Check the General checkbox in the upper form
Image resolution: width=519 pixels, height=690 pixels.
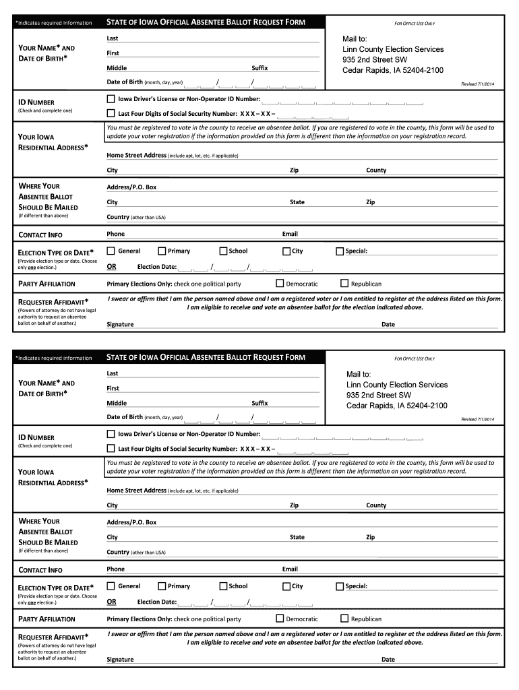tap(111, 251)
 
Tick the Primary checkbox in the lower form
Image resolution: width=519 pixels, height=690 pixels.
tap(162, 586)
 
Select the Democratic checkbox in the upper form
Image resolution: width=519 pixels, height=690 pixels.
tap(280, 284)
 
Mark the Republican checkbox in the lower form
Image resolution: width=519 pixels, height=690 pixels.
tap(344, 619)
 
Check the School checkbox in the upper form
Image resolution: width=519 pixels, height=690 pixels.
tap(223, 251)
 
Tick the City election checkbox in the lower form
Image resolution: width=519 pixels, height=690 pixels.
tap(286, 586)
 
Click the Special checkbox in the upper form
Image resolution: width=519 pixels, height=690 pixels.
tap(340, 251)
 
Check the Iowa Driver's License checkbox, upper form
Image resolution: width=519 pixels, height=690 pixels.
tap(111, 98)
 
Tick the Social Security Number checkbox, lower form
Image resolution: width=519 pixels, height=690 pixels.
tap(111, 448)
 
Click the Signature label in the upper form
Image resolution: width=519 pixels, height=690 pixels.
tap(120, 324)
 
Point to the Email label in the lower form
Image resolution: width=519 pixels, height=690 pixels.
tap(290, 569)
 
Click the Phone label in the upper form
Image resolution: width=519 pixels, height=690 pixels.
tap(115, 234)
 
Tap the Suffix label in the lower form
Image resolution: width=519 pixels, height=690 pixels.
tap(259, 403)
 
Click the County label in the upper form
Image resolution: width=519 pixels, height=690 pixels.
tap(376, 170)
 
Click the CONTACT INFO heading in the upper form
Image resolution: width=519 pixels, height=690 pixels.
tap(40, 234)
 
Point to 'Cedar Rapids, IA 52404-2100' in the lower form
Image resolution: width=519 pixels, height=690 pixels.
tap(396, 406)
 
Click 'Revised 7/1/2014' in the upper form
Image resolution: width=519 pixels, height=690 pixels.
tap(477, 84)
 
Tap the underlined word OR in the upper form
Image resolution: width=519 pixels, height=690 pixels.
tap(111, 267)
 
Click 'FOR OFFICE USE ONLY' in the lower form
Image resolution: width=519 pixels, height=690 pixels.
tap(415, 358)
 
